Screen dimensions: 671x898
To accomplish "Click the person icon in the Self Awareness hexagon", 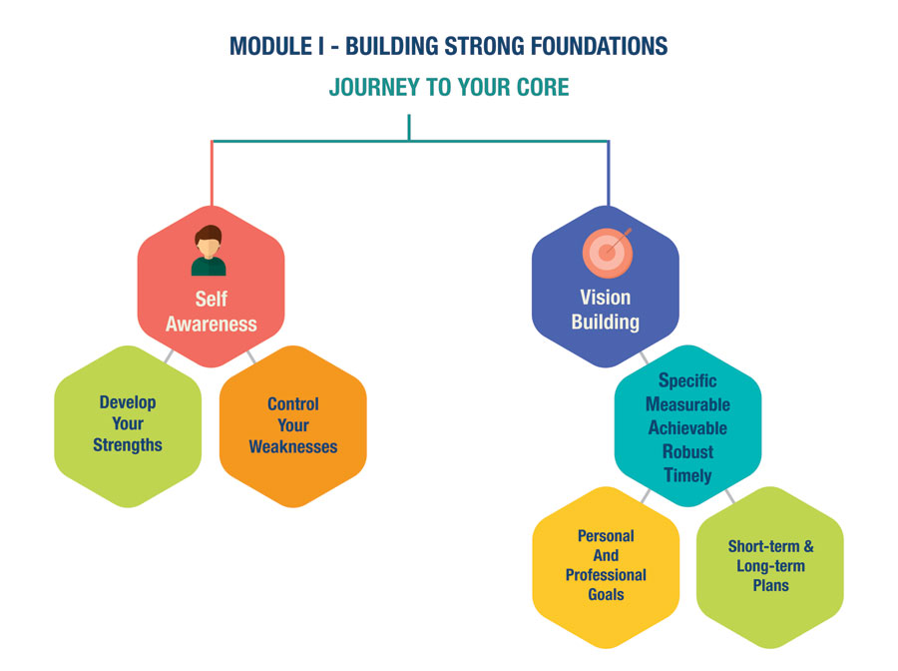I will coord(209,251).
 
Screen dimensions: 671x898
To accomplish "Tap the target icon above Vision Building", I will coord(607,252).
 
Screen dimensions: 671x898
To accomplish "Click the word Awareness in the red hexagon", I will coord(211,324).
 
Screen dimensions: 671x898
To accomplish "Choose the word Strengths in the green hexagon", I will coord(128,444).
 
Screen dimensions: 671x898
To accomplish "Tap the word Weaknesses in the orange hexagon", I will coord(293,446).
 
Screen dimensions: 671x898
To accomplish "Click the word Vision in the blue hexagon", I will coord(605,298).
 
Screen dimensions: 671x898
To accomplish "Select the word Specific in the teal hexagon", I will coord(687,380).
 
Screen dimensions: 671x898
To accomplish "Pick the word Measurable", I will coord(687,404).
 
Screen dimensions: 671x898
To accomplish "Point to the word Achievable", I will coord(687,427).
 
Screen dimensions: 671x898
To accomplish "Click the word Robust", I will coord(687,451).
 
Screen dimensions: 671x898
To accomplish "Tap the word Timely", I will coord(687,475).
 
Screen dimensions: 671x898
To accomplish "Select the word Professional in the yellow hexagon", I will coord(606,575).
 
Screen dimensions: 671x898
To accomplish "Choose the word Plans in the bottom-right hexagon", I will coord(770,585).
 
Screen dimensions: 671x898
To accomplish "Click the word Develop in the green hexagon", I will coord(128,402).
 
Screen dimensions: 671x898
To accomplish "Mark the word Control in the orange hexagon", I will coord(293,404).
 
